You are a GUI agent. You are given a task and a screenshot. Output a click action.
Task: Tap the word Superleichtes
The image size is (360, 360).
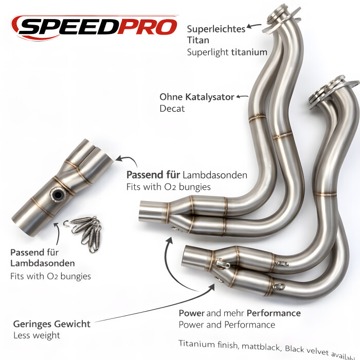click(216, 29)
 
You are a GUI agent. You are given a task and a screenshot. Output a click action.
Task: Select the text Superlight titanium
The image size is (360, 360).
click(227, 52)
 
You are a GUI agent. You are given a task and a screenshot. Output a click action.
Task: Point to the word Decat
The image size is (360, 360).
click(172, 109)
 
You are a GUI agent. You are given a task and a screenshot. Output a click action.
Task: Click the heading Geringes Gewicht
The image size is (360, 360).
click(52, 324)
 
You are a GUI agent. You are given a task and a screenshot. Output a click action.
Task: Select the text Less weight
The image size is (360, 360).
click(37, 335)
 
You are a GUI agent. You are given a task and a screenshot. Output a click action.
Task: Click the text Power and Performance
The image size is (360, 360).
click(227, 325)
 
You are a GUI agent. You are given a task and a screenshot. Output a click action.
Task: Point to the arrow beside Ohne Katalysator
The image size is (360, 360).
click(242, 96)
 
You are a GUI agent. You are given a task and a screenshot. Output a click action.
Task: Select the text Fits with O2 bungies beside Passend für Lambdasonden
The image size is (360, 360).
click(168, 187)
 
